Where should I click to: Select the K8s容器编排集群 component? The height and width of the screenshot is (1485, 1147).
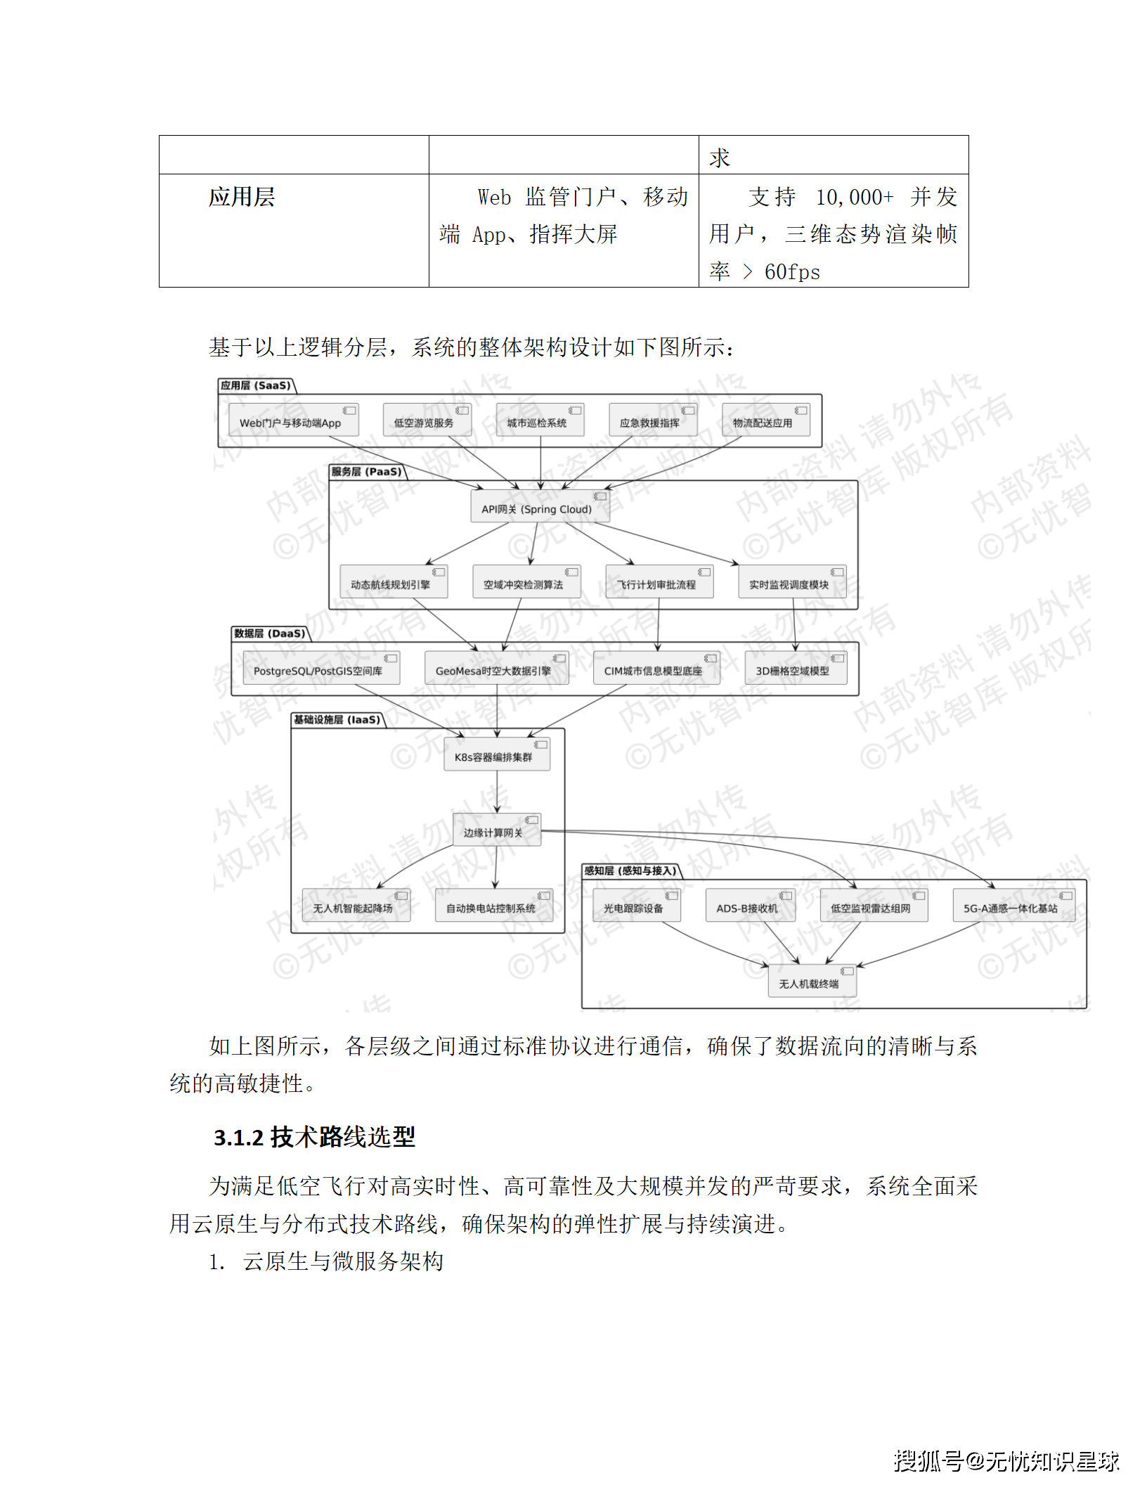(496, 756)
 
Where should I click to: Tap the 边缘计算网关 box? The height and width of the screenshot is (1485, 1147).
(496, 831)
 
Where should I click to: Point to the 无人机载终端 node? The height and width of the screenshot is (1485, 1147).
(812, 982)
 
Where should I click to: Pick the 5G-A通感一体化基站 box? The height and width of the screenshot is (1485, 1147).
(1013, 906)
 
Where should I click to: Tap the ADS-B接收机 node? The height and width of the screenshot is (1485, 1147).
(750, 906)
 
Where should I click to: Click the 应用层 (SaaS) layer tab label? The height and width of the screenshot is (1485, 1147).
(256, 385)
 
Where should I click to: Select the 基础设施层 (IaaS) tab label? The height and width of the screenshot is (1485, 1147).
(337, 719)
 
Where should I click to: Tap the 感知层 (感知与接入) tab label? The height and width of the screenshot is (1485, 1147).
(630, 870)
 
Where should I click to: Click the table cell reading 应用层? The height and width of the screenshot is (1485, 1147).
(242, 197)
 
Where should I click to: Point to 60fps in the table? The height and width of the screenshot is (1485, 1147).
(792, 272)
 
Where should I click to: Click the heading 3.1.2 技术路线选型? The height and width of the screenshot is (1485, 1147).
(314, 1137)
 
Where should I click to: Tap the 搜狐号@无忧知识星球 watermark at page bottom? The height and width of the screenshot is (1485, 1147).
(1006, 1461)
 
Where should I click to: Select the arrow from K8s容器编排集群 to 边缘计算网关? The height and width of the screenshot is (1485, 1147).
(496, 792)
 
